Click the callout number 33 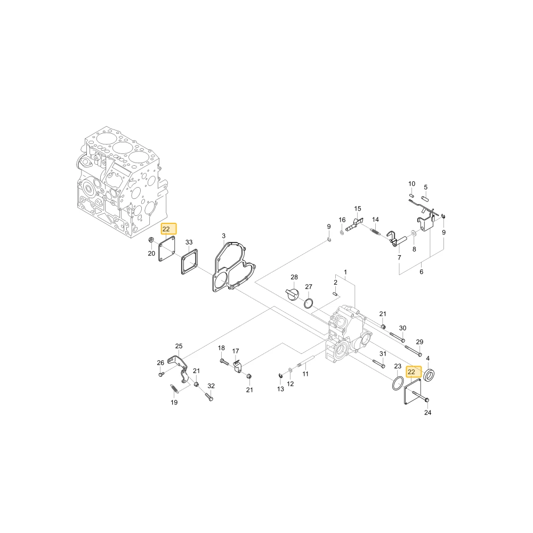point(189,242)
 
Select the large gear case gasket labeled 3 point(216,269)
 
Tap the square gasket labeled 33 point(190,261)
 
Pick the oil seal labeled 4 point(431,374)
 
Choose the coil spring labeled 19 point(174,389)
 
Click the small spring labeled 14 point(375,231)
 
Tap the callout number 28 point(294,277)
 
